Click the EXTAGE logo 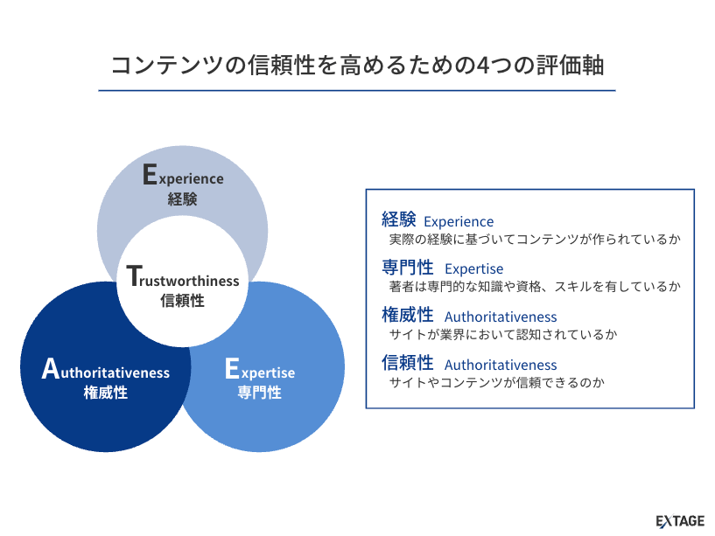point(680,521)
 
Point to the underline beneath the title point(357,90)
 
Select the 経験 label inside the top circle point(183,198)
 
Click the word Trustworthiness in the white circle point(183,279)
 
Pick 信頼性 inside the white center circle point(183,301)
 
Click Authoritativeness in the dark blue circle point(106,371)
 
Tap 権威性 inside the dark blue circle point(106,393)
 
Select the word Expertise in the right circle point(260,371)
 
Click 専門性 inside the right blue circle point(260,393)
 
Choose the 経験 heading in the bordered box point(399,219)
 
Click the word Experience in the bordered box point(459,222)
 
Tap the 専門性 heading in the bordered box point(408,267)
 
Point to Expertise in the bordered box point(474,269)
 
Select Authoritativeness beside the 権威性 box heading point(501,317)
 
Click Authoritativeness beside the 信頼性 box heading point(501,365)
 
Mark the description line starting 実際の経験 point(535,239)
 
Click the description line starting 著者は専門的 point(535,286)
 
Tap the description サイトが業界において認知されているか point(503,334)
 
